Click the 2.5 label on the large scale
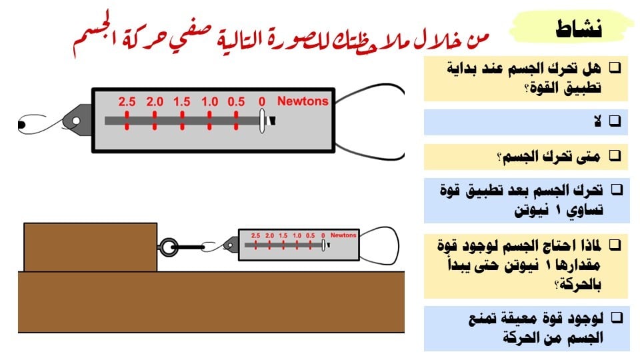[127, 102]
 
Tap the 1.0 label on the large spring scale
[209, 102]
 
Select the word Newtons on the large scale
[303, 101]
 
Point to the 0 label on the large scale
[262, 102]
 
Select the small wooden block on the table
[90, 247]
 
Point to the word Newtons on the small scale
[343, 235]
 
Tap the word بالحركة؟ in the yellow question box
[579, 285]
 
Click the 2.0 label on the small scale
[269, 236]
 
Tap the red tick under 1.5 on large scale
[181, 121]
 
